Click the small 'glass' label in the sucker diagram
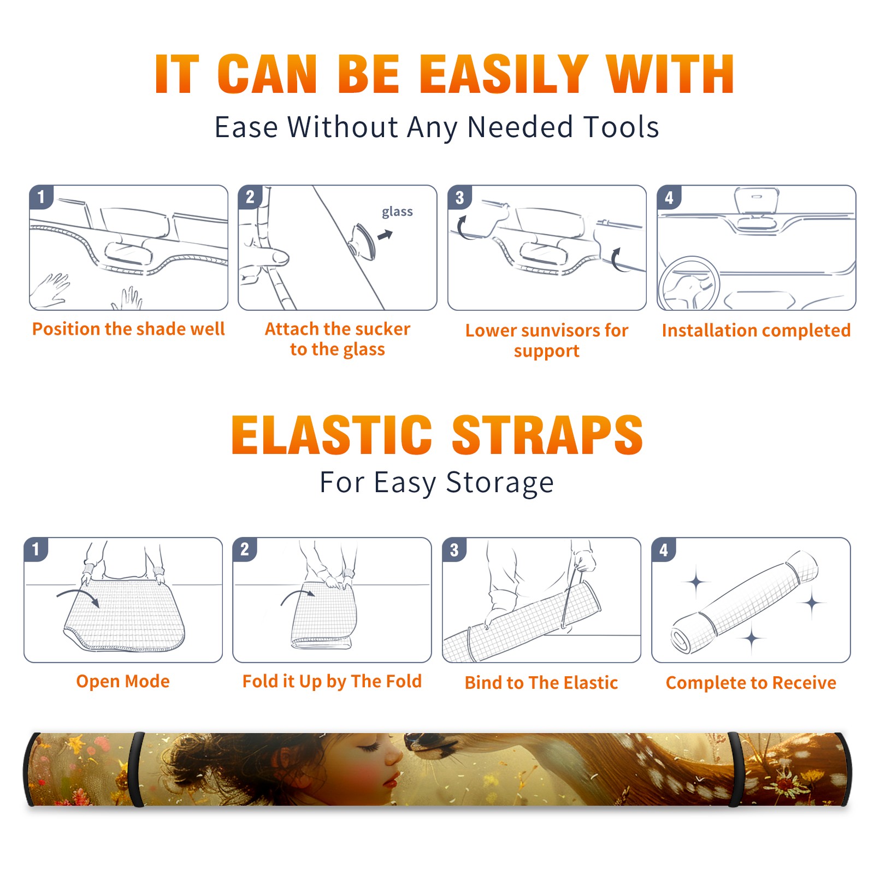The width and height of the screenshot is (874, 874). tap(397, 212)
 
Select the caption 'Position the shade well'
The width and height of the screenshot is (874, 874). tap(128, 329)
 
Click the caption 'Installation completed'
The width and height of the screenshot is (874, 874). tap(756, 330)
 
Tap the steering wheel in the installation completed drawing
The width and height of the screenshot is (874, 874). tap(689, 284)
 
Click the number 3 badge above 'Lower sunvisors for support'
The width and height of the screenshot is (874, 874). tap(459, 197)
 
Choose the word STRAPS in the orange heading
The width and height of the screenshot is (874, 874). tap(547, 435)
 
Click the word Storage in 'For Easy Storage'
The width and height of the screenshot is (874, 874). tap(500, 483)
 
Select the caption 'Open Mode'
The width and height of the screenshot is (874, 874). tap(123, 681)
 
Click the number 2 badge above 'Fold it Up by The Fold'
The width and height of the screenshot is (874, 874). tap(244, 549)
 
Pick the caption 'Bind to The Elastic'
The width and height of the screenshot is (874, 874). tap(541, 683)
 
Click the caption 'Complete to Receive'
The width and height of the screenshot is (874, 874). tap(751, 683)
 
